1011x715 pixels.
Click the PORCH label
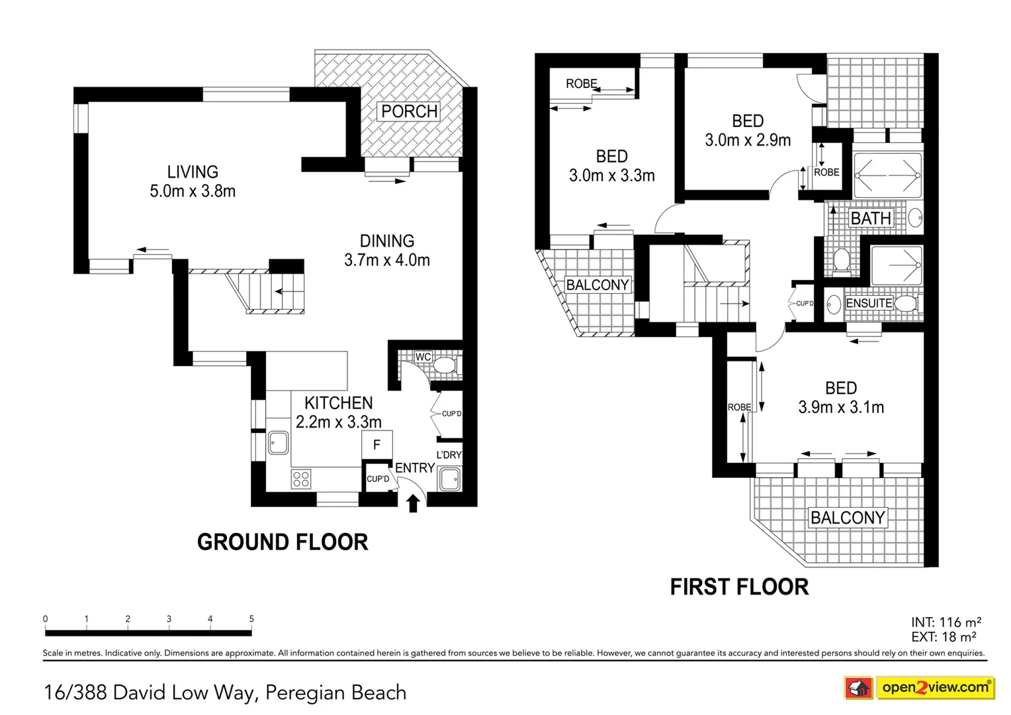(410, 111)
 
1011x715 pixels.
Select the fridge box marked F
(377, 445)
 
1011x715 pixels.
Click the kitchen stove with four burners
(301, 479)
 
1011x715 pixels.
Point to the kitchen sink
(279, 443)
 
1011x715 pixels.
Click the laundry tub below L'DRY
(449, 479)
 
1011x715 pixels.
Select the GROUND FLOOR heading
(283, 542)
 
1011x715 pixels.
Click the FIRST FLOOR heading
(739, 587)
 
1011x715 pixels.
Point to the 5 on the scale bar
(251, 619)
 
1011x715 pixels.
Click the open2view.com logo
(935, 687)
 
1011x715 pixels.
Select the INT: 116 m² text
(946, 622)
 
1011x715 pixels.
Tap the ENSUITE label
(869, 303)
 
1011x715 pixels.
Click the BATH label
(871, 218)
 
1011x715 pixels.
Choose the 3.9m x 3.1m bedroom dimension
(841, 407)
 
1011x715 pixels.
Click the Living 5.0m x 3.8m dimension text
(193, 191)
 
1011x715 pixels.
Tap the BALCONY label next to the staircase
(597, 285)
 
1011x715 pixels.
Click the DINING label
(387, 241)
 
